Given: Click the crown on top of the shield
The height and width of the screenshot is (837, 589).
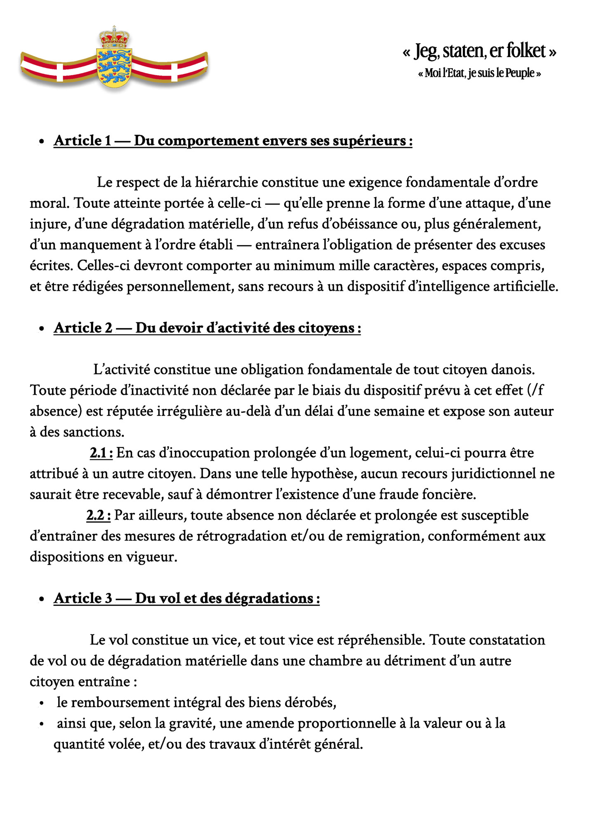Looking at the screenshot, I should click(114, 36).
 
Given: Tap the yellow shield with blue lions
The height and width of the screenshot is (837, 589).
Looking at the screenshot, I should click(114, 66).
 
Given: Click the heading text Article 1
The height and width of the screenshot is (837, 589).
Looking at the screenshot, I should click(82, 141).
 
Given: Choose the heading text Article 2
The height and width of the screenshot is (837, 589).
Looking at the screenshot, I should click(83, 328).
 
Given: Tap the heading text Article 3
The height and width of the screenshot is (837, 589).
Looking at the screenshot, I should click(83, 598).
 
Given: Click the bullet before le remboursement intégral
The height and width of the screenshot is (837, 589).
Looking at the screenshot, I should click(41, 703).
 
